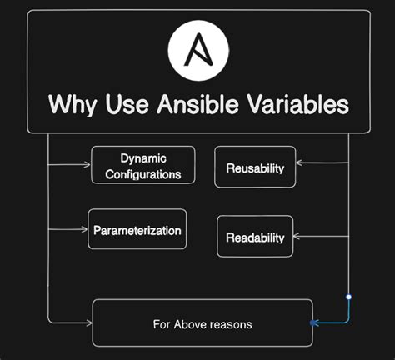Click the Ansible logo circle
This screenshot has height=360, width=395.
click(x=198, y=47)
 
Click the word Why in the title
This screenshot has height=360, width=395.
click(x=72, y=105)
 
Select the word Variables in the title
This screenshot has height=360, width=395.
click(x=288, y=105)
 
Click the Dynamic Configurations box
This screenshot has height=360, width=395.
click(x=142, y=165)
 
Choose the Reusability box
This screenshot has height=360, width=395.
click(x=255, y=167)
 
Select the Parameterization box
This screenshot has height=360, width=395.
click(x=137, y=228)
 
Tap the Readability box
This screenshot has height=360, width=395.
click(x=255, y=237)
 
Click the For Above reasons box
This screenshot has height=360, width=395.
click(x=202, y=322)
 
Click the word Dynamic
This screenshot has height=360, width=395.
click(x=142, y=157)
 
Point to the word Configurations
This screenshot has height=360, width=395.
click(x=142, y=175)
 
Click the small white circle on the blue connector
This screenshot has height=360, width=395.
click(x=348, y=297)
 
